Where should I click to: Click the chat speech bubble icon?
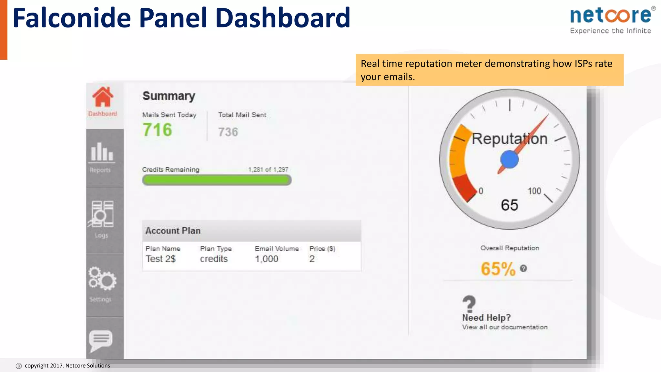click(101, 340)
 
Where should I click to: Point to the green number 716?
click(158, 130)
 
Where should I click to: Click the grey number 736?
click(228, 132)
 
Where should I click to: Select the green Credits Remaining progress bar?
click(217, 180)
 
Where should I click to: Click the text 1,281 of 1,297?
click(268, 170)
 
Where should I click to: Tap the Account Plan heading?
click(173, 231)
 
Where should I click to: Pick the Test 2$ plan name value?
click(161, 259)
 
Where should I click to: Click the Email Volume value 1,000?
click(267, 259)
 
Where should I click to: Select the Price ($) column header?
click(322, 249)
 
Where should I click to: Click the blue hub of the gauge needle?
click(509, 160)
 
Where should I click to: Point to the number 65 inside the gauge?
click(509, 205)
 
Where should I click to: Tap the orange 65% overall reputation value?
click(498, 269)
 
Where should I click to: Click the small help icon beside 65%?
click(524, 268)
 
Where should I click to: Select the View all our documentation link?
click(505, 327)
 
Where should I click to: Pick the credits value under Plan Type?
click(214, 259)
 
